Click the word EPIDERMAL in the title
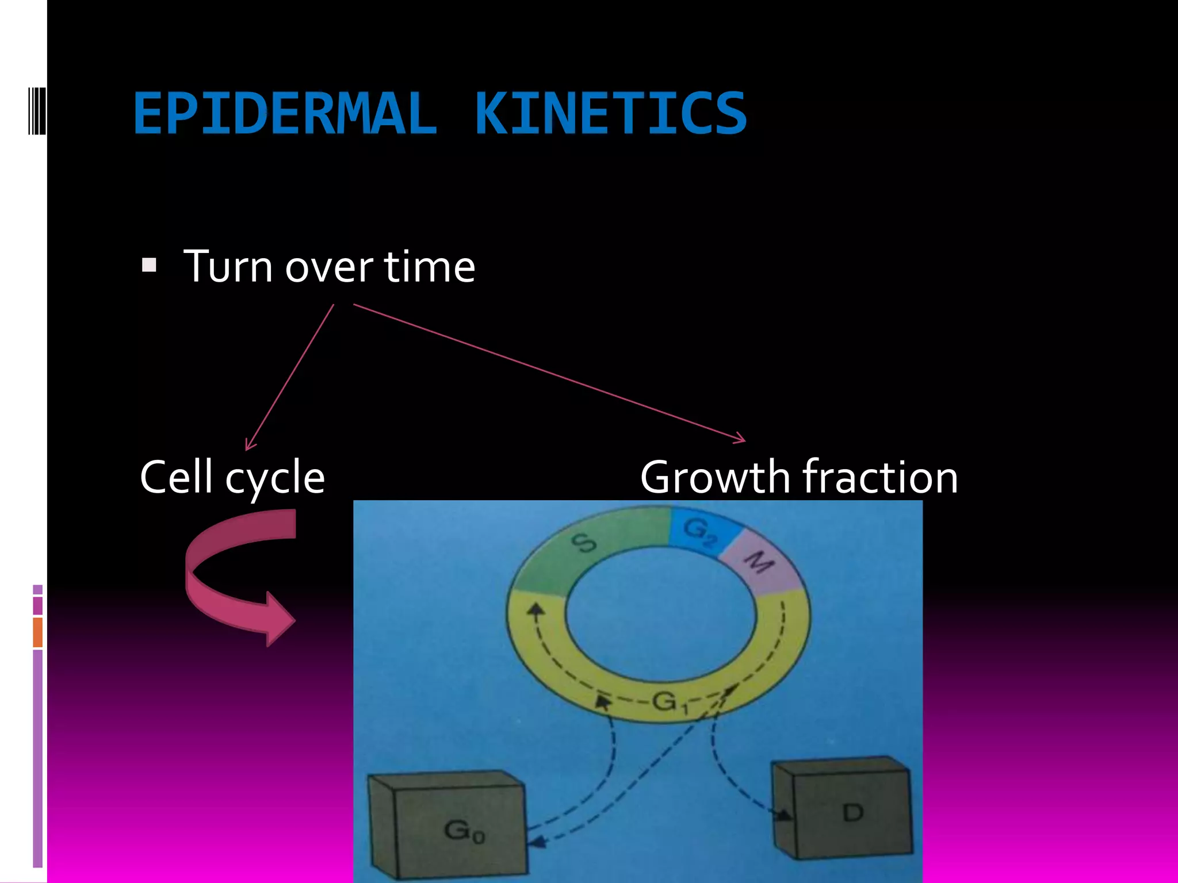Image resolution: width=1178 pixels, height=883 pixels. [x=285, y=114]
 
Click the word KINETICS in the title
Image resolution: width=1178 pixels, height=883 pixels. [x=611, y=114]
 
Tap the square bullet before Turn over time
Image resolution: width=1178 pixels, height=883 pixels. [x=149, y=265]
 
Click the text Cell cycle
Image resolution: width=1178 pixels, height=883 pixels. [x=232, y=477]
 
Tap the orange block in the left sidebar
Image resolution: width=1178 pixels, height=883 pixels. [x=38, y=632]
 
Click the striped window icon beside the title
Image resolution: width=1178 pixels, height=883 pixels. [x=37, y=110]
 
